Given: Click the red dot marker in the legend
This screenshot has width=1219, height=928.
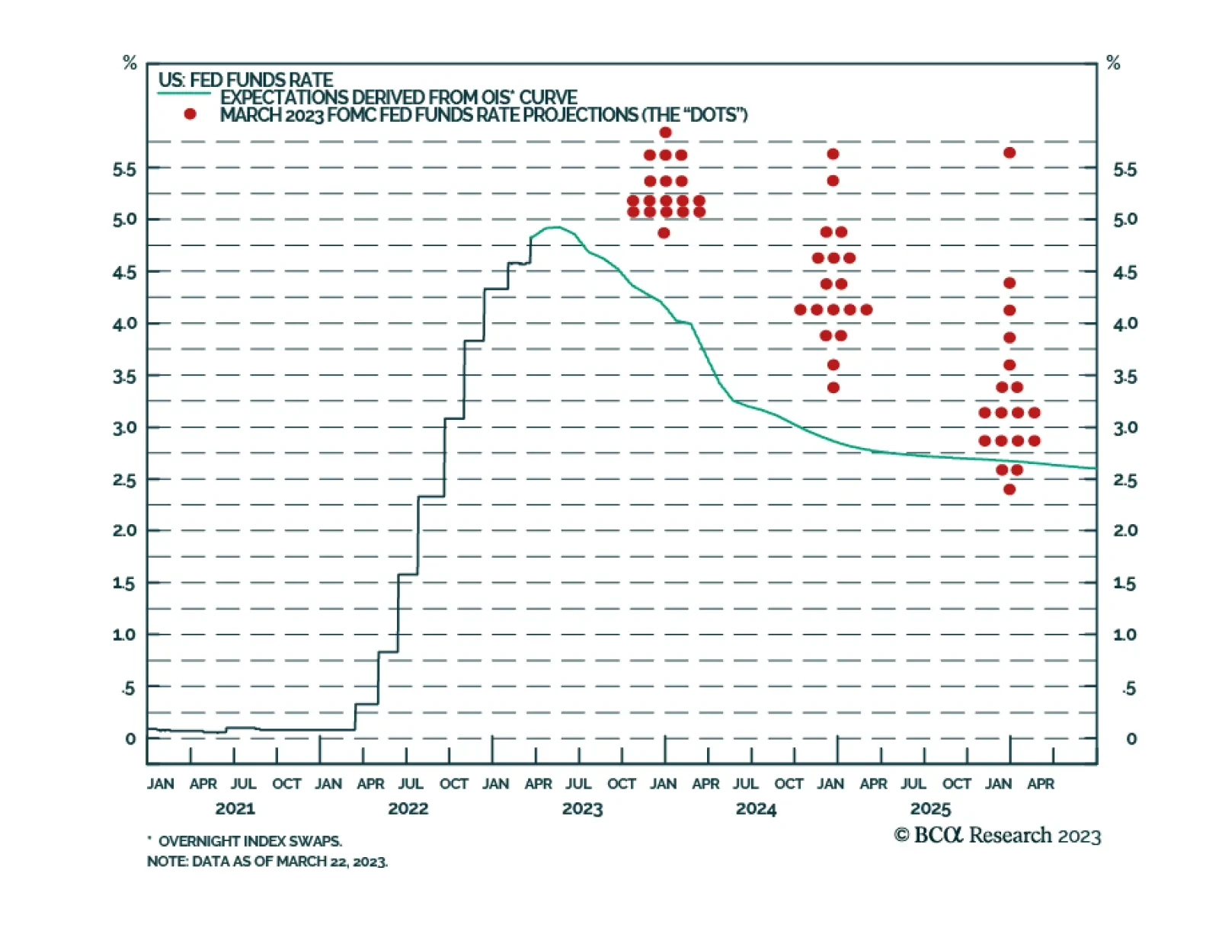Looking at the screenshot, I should [190, 114].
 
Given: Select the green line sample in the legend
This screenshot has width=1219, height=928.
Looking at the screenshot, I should [184, 94].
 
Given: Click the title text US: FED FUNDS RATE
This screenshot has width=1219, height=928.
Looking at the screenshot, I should [245, 80].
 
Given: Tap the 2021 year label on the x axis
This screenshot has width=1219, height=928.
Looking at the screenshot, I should [235, 808].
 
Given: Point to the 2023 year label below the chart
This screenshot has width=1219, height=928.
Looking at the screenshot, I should [582, 808].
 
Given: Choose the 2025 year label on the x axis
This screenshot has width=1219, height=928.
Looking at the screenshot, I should [930, 808].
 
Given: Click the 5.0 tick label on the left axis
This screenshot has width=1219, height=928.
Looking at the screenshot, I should [124, 219].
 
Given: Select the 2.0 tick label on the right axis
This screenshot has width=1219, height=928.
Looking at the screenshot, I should [1125, 530].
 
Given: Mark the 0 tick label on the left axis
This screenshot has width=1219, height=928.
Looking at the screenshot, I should [130, 738].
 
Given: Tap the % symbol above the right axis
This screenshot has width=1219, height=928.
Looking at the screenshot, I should [1113, 63].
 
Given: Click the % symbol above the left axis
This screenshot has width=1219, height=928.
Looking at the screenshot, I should [130, 63].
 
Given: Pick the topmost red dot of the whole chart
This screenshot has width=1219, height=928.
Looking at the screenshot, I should [665, 133].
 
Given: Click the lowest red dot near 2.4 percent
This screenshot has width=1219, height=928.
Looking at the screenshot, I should [1009, 489].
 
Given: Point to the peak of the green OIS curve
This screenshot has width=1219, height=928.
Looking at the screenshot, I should [555, 227].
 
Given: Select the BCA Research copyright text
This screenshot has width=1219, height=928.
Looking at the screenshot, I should [997, 835].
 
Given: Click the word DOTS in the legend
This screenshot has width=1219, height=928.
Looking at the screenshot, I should [713, 115].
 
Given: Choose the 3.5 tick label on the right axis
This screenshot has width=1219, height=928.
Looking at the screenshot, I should [1125, 376].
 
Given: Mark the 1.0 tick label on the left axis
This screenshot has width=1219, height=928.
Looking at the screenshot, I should [124, 635].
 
